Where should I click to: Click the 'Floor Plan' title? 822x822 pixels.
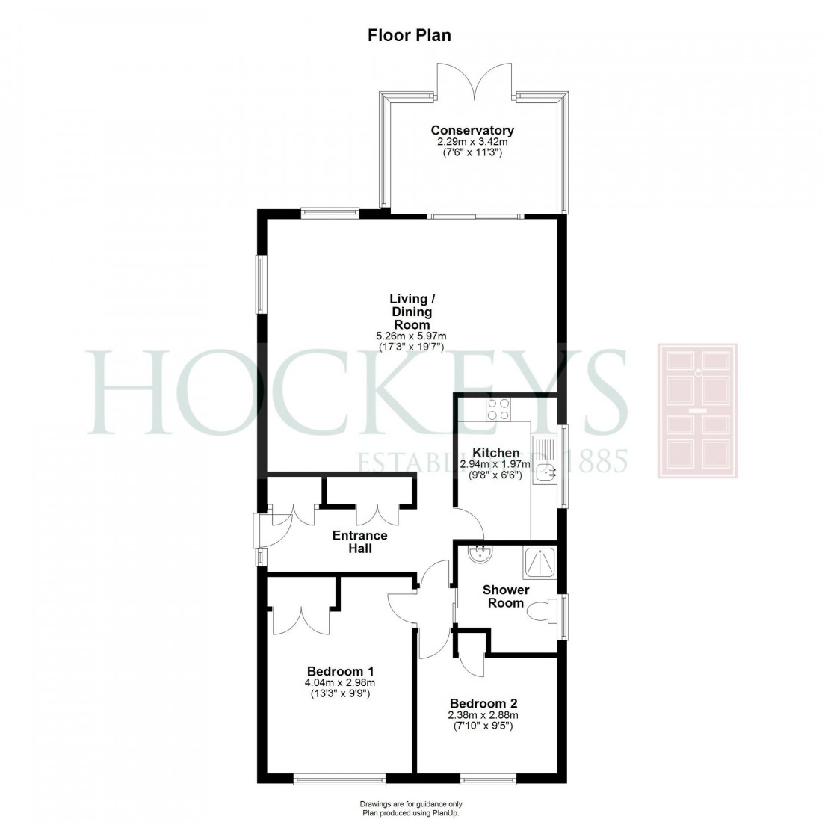click(x=410, y=35)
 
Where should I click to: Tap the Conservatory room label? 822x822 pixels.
click(x=472, y=131)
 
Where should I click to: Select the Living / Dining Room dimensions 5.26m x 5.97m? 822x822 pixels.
click(x=411, y=337)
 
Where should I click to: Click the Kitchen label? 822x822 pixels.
click(x=496, y=453)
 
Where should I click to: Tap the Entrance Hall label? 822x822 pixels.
click(x=359, y=542)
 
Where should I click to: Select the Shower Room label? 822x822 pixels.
click(x=506, y=596)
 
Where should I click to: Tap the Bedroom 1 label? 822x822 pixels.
click(x=340, y=670)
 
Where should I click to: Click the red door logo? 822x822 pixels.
click(x=696, y=410)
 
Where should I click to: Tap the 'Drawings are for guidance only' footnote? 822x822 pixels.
click(x=410, y=804)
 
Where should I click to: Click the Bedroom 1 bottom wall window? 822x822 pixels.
click(x=339, y=780)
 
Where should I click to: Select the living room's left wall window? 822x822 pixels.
click(x=260, y=285)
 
